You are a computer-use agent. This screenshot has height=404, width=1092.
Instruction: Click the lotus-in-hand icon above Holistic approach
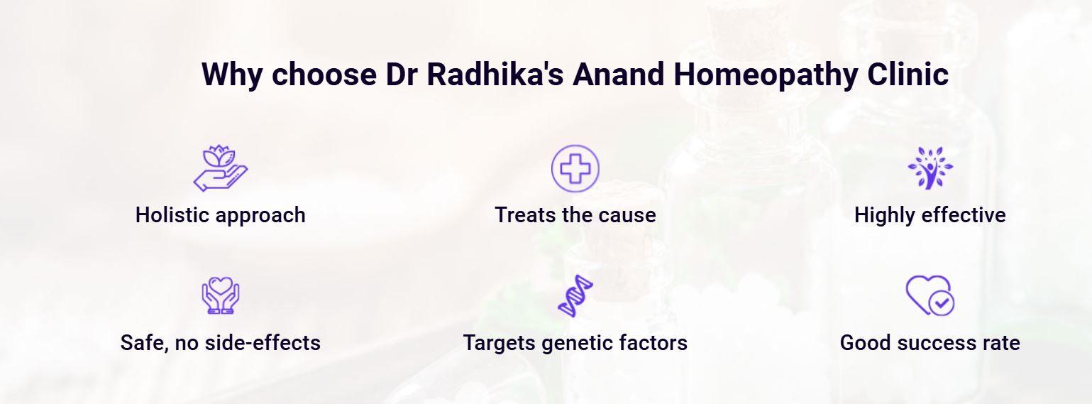(220, 168)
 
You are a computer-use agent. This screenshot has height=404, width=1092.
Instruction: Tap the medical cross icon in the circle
(575, 169)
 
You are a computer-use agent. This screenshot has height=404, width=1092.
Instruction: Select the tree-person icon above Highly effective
(930, 168)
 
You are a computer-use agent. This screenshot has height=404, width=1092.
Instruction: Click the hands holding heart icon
(220, 295)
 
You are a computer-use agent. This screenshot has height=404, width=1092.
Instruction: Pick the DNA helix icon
(575, 295)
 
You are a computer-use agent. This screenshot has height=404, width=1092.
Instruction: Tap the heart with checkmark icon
(930, 295)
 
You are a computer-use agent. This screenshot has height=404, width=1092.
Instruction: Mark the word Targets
(498, 343)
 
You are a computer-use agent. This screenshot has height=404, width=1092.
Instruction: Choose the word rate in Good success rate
(1000, 343)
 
